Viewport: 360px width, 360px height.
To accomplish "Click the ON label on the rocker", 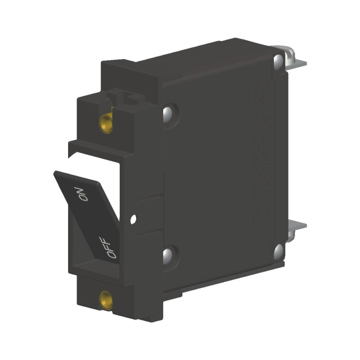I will pyautogui.click(x=81, y=193).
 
